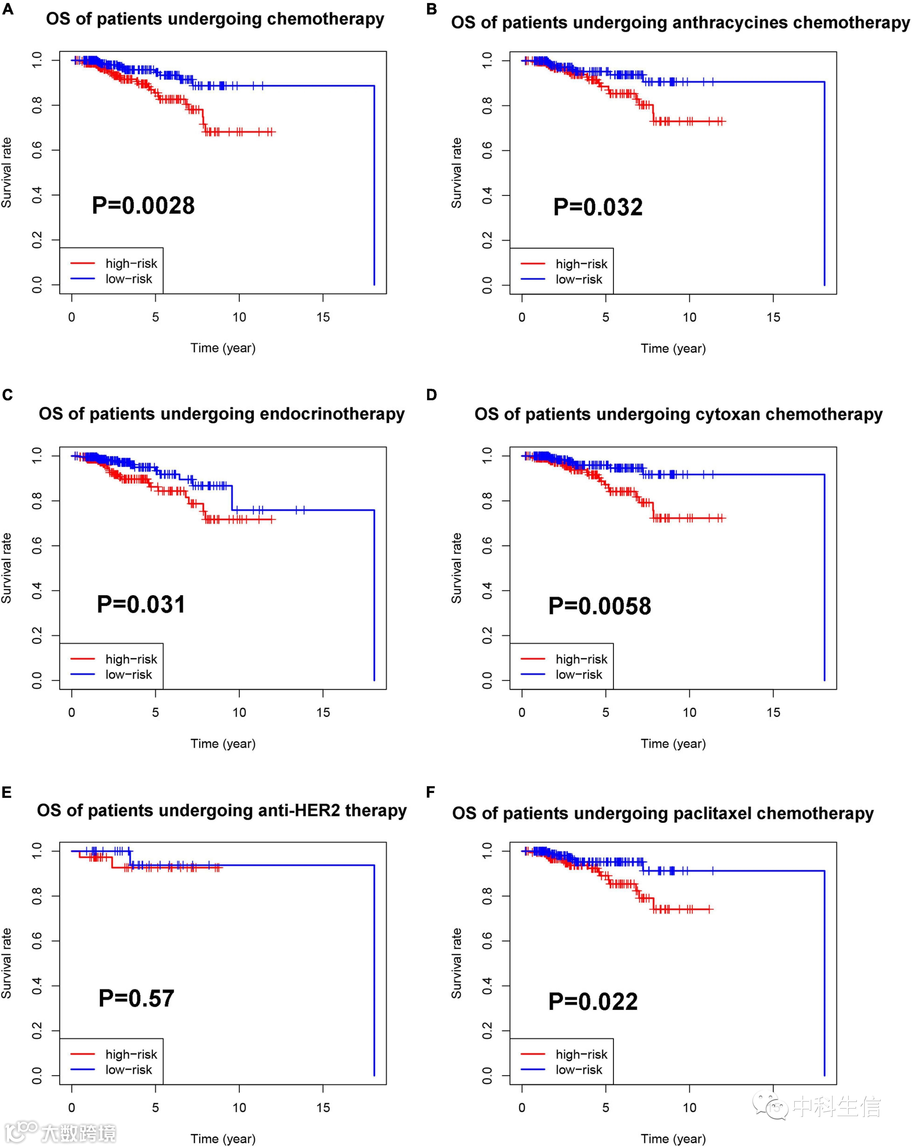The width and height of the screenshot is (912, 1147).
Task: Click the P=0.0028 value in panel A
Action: pos(143,205)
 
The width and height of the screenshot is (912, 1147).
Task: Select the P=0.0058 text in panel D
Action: pos(600,606)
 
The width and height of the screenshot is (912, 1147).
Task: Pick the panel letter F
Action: pos(431,792)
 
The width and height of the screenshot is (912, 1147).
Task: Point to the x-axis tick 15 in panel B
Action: pos(773,318)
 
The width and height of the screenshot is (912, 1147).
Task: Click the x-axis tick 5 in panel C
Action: pos(155,712)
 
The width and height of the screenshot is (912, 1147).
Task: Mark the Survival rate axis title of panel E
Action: pos(6,963)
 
